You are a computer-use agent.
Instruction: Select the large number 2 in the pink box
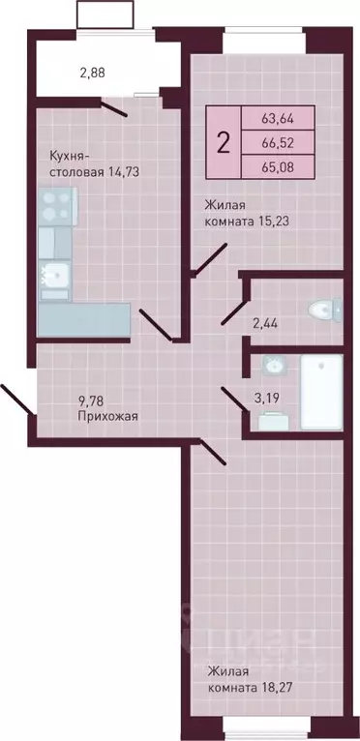tap(224, 143)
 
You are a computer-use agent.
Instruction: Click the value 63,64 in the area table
tap(279, 120)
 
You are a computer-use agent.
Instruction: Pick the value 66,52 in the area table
tap(279, 142)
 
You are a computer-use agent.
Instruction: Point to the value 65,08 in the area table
tap(279, 164)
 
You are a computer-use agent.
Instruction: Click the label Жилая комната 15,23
tap(247, 213)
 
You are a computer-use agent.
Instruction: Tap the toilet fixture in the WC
tap(323, 310)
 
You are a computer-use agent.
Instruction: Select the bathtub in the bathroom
tap(320, 394)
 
